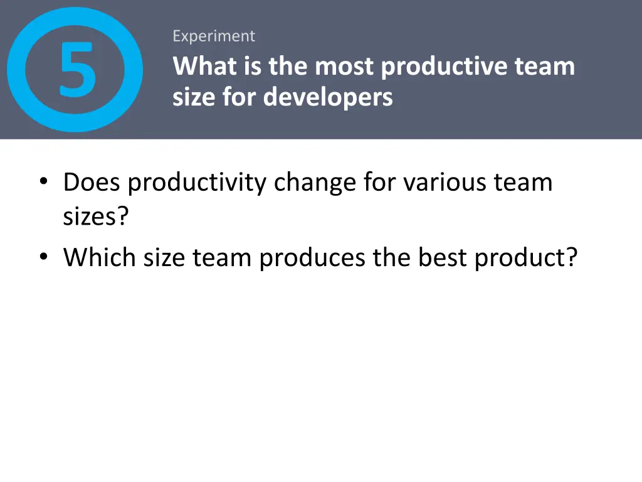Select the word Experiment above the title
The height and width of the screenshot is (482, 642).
[x=214, y=36]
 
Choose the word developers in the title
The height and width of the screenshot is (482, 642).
[x=328, y=97]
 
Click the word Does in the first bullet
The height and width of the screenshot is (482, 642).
[x=93, y=183]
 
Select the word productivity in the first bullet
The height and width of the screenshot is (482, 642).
[x=198, y=183]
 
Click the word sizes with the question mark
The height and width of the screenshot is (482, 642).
[x=96, y=217]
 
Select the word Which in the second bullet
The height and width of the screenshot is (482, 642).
[x=100, y=257]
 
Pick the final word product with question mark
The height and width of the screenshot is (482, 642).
[x=525, y=257]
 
